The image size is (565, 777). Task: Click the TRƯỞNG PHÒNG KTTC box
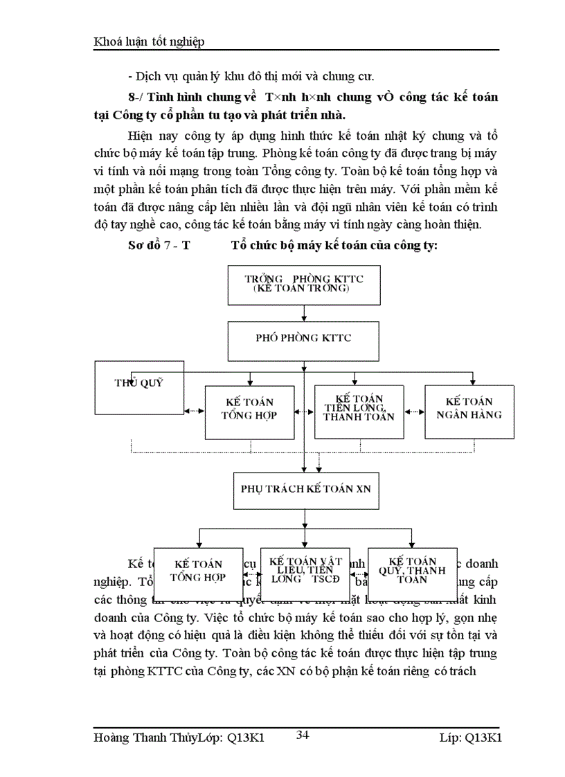pyautogui.click(x=304, y=284)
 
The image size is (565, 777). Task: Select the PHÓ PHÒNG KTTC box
pyautogui.click(x=304, y=338)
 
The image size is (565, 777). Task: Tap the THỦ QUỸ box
pyautogui.click(x=139, y=383)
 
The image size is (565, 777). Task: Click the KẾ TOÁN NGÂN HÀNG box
pyautogui.click(x=469, y=412)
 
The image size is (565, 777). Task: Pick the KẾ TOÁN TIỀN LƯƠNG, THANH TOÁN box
pyautogui.click(x=359, y=412)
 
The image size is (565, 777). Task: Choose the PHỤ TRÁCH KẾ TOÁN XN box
pyautogui.click(x=305, y=488)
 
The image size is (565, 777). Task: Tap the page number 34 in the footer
pyautogui.click(x=303, y=735)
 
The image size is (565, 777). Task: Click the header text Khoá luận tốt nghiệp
pyautogui.click(x=149, y=42)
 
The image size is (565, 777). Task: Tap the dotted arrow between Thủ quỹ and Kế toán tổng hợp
pyautogui.click(x=195, y=410)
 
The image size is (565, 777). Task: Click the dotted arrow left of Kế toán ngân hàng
pyautogui.click(x=414, y=410)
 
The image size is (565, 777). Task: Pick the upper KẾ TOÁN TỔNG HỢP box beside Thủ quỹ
pyautogui.click(x=248, y=412)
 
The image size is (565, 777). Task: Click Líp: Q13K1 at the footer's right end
pyautogui.click(x=470, y=738)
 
